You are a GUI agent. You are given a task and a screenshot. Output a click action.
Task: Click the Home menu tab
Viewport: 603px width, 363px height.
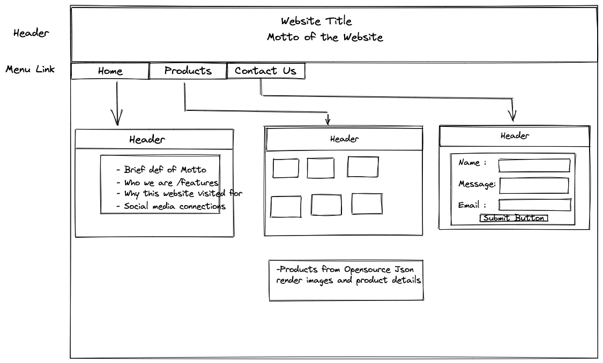[x=110, y=71]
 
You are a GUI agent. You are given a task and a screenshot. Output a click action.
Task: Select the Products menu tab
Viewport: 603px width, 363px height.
[x=188, y=71]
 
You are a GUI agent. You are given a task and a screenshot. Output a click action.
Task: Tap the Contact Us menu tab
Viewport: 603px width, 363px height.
[x=265, y=71]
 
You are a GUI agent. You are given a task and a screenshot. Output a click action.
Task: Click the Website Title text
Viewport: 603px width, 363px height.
[x=316, y=21]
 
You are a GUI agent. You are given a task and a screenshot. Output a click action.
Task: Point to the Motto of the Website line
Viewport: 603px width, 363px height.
[x=325, y=37]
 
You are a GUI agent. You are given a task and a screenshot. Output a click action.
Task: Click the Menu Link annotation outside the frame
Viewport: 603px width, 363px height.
[x=30, y=69]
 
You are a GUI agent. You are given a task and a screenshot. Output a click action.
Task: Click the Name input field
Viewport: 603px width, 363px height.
[x=534, y=165]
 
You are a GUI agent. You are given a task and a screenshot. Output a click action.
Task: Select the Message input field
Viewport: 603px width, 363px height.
[x=534, y=185]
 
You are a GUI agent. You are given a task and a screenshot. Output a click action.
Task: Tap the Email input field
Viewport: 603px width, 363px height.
[x=534, y=205]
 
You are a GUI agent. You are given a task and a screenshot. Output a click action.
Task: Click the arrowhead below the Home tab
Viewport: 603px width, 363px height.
[x=117, y=119]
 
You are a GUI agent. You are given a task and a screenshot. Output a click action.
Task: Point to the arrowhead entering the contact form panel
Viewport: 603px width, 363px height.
[x=512, y=116]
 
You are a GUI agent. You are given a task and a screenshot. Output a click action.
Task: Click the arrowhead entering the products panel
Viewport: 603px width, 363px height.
[x=328, y=120]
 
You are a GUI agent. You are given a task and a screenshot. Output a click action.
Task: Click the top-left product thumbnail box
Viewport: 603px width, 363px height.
[x=286, y=168]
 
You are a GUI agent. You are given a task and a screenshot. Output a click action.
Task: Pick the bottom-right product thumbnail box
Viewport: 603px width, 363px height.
[x=367, y=204]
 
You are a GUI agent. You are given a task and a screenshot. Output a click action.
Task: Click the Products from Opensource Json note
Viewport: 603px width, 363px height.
[x=346, y=275]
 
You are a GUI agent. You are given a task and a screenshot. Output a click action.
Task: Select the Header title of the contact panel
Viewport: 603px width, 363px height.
[x=515, y=136]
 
